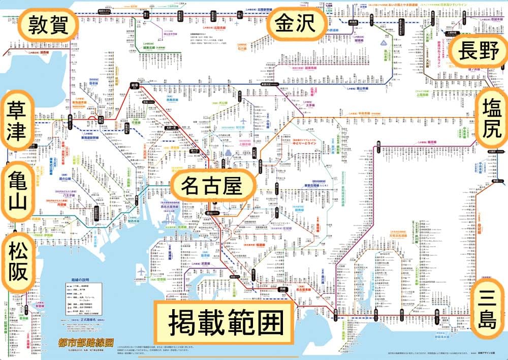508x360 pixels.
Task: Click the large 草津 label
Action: [x=19, y=121]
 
